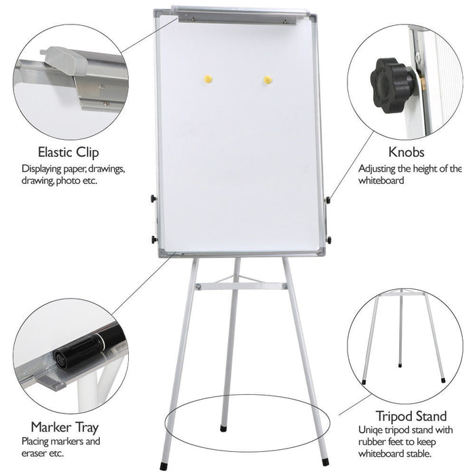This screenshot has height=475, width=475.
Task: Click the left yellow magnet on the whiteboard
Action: click(x=208, y=79)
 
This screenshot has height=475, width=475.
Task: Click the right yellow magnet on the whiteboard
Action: click(x=267, y=80)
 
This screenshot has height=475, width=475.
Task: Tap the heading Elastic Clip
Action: click(x=69, y=152)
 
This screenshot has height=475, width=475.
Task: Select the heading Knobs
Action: click(x=406, y=152)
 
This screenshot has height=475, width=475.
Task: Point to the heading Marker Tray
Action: click(x=65, y=427)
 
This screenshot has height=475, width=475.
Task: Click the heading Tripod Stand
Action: click(x=411, y=416)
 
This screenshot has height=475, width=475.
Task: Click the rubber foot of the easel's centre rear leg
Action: click(x=223, y=428)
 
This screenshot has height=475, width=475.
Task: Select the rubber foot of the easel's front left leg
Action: click(x=164, y=467)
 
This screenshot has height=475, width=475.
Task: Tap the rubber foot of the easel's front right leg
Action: click(x=325, y=461)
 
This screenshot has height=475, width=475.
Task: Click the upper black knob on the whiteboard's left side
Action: click(x=153, y=199)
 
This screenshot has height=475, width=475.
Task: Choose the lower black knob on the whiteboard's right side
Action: click(x=328, y=240)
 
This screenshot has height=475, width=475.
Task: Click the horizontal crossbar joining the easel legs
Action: click(x=241, y=286)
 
